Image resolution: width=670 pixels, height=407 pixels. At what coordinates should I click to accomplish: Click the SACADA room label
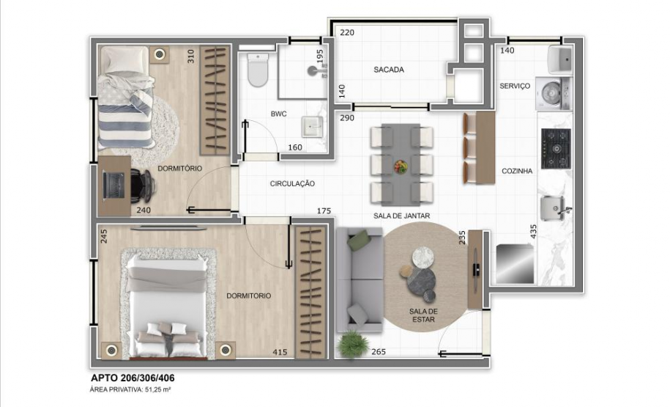pos(389,70)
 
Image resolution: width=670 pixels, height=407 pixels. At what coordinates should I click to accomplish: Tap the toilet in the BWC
pos(258,70)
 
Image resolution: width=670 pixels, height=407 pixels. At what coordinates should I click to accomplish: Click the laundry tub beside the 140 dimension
pos(561,59)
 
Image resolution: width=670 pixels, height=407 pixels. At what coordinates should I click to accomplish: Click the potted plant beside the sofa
pos(354,342)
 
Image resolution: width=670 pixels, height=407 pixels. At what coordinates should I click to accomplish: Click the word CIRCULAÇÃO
pos(292,184)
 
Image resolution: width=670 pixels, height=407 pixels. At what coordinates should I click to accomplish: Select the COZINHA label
pos(516,171)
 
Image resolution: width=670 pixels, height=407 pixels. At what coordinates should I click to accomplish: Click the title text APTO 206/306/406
pos(133,378)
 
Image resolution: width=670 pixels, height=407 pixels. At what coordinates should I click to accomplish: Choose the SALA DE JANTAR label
pos(401,216)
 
